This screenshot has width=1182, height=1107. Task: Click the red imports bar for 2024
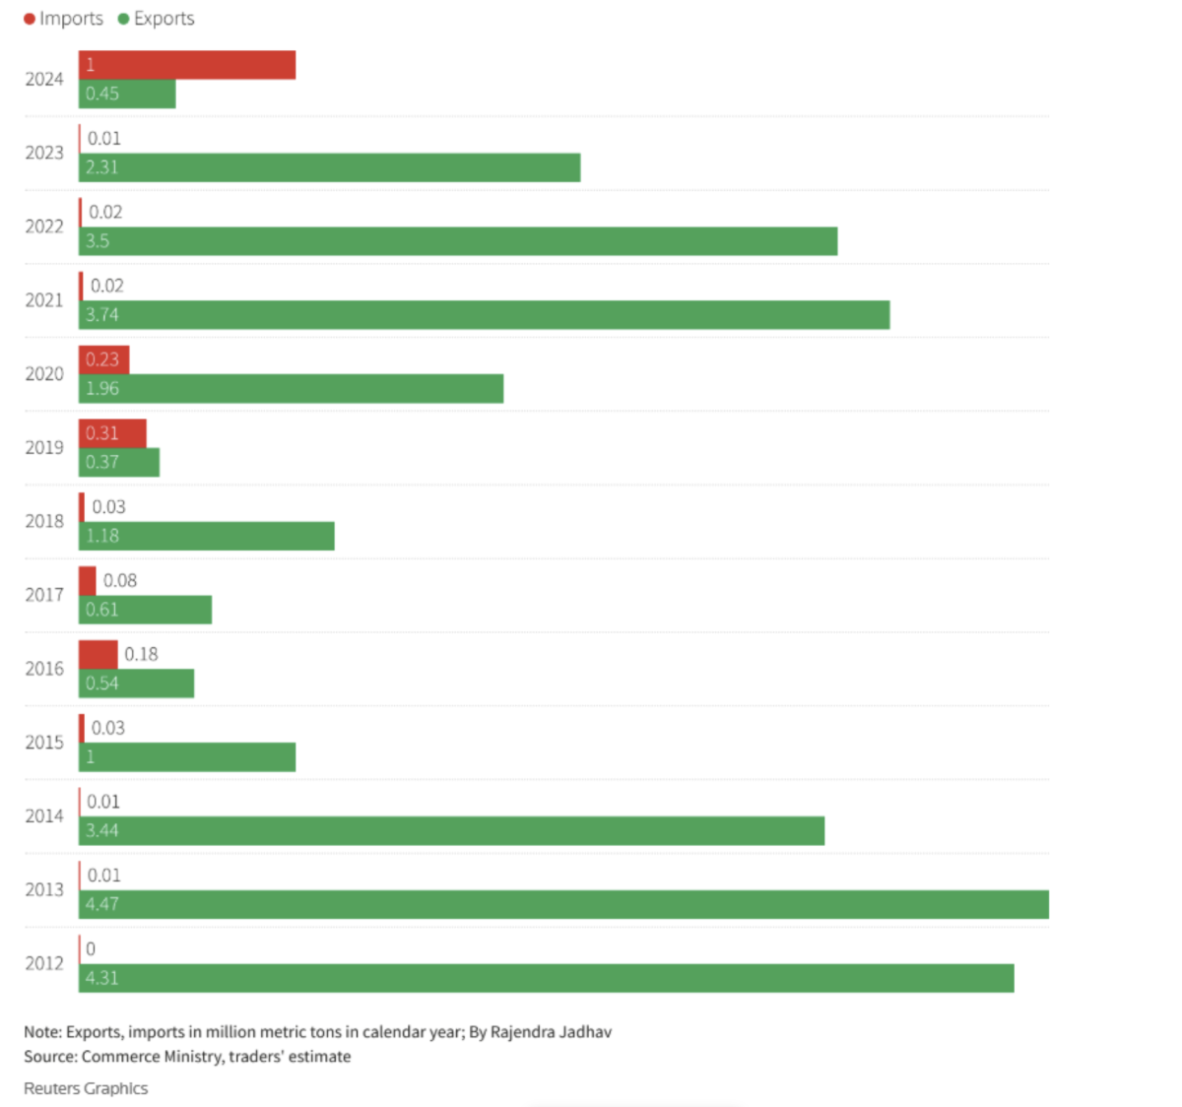click(x=187, y=65)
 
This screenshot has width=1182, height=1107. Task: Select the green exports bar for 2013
click(x=563, y=904)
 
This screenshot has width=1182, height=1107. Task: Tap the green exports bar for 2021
click(x=484, y=315)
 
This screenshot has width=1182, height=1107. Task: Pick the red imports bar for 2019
click(x=112, y=433)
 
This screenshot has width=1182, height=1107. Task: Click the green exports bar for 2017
click(x=145, y=610)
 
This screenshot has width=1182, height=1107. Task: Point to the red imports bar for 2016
click(x=98, y=654)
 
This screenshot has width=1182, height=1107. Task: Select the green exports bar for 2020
click(x=291, y=389)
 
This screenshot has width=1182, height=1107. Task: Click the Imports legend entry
click(x=64, y=19)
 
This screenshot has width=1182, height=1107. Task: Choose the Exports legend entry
click(x=157, y=19)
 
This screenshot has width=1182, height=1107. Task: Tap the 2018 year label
click(x=44, y=521)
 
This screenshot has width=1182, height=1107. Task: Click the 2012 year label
click(x=44, y=963)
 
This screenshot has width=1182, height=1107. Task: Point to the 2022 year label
click(x=44, y=227)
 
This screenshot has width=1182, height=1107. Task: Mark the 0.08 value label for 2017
click(x=120, y=581)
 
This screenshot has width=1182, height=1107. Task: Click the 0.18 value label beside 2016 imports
click(x=141, y=654)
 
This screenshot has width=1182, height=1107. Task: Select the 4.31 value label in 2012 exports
click(x=101, y=978)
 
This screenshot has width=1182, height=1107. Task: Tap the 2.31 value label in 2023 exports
click(x=101, y=167)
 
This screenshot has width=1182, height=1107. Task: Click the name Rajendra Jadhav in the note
click(x=551, y=1032)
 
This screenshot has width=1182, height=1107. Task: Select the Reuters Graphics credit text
click(x=86, y=1088)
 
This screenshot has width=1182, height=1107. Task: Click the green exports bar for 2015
click(x=187, y=757)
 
